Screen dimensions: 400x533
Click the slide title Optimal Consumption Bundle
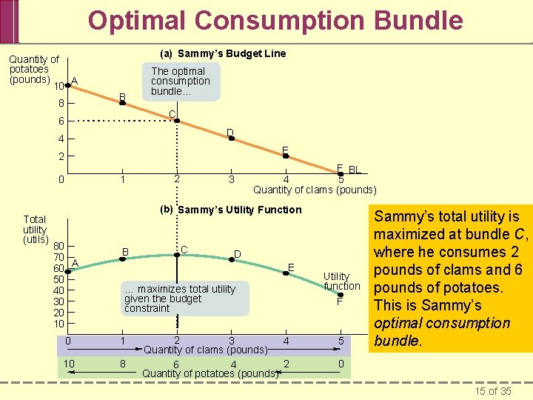[275, 20]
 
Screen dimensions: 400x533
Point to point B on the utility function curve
[122, 260]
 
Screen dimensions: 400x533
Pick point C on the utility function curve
[177, 254]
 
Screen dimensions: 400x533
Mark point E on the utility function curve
[286, 273]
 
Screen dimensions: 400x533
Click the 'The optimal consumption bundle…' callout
[180, 81]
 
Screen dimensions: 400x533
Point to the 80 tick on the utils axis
[58, 246]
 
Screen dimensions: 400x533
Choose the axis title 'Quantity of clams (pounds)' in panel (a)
[315, 190]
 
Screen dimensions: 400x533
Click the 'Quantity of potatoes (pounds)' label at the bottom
[209, 373]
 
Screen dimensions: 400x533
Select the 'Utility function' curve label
[341, 281]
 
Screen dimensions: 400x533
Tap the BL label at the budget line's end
[354, 170]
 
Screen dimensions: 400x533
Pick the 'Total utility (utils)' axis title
[35, 229]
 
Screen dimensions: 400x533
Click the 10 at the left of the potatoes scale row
[68, 363]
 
